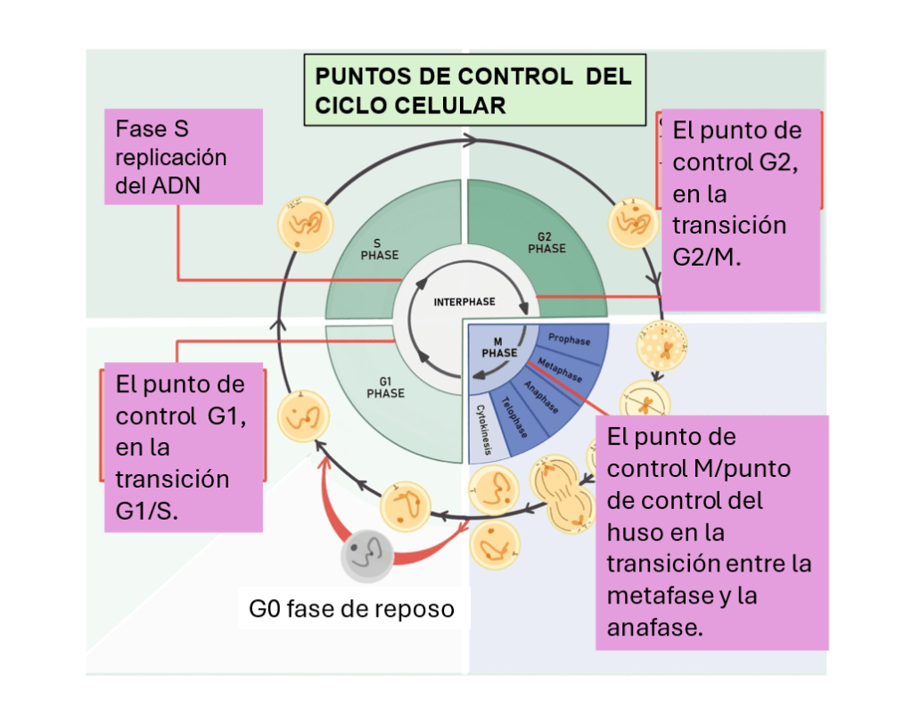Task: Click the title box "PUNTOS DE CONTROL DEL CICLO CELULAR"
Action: pyautogui.click(x=473, y=90)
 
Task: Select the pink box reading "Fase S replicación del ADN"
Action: pyautogui.click(x=184, y=157)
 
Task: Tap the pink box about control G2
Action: pyautogui.click(x=739, y=210)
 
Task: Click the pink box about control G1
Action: pyautogui.click(x=184, y=447)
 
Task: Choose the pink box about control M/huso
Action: pyautogui.click(x=711, y=532)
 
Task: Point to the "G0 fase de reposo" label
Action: pyautogui.click(x=351, y=610)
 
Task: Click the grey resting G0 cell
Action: pyautogui.click(x=366, y=555)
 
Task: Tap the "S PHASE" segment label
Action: pyautogui.click(x=379, y=249)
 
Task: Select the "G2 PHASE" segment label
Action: pyautogui.click(x=546, y=243)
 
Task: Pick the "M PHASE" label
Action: pyautogui.click(x=499, y=347)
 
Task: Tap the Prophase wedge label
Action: pyautogui.click(x=569, y=340)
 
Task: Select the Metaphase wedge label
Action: pyautogui.click(x=560, y=369)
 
